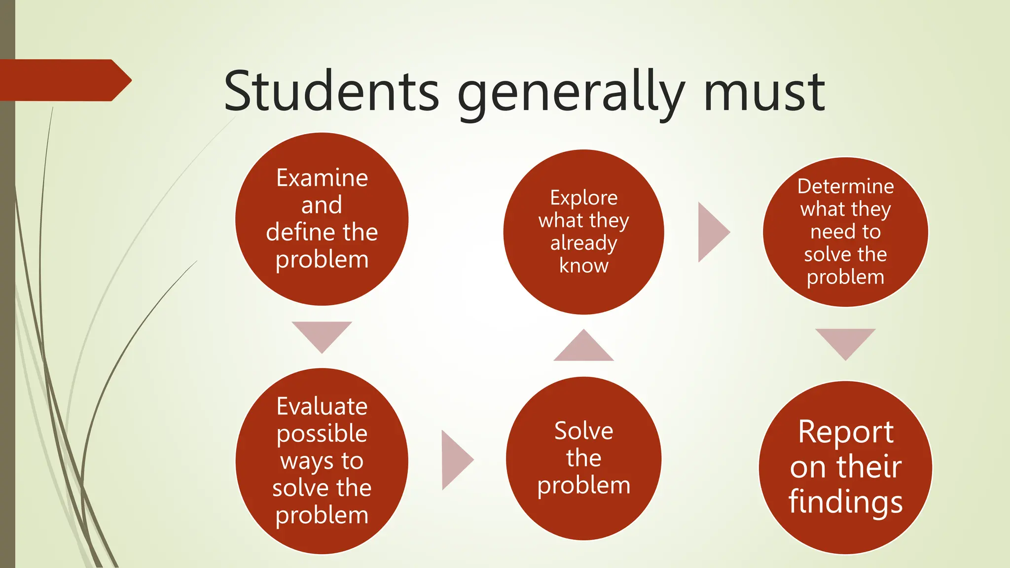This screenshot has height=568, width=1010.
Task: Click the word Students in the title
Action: pos(331,91)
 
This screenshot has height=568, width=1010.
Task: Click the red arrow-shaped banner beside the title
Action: pos(64,80)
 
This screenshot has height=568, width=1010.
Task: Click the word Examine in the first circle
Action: pos(322,178)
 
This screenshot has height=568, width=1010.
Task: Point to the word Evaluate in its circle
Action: pos(322,407)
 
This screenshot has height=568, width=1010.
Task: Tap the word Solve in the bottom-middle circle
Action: pos(583,431)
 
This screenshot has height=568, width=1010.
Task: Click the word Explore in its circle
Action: pos(583,198)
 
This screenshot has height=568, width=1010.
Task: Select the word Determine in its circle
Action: pos(845,186)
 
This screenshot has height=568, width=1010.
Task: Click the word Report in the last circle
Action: pos(845,432)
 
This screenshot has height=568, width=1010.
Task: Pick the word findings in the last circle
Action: pos(845,502)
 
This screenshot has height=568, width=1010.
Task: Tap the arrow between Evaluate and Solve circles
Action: pos(455,460)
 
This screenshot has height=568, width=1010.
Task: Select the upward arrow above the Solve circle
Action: pos(583,348)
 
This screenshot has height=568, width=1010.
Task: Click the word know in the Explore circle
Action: pos(583,266)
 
